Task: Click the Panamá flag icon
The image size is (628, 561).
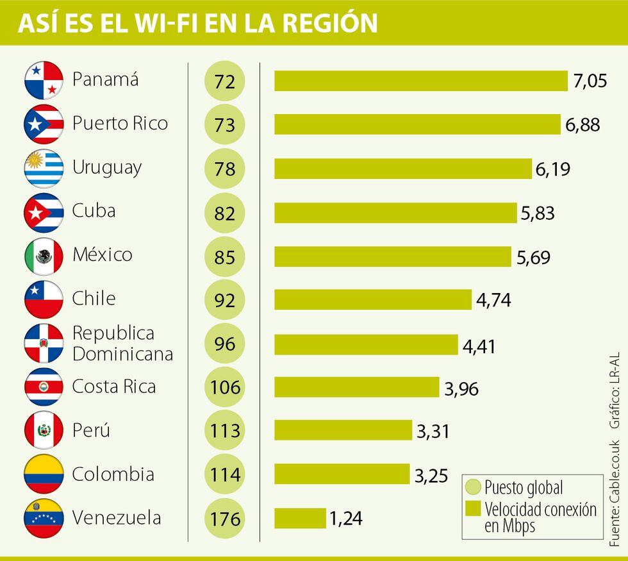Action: [x=44, y=81]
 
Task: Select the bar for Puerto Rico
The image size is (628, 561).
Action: [x=417, y=124]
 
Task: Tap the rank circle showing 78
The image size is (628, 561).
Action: [x=225, y=169]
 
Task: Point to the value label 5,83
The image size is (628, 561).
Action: [x=538, y=213]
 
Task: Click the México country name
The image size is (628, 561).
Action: [x=103, y=255]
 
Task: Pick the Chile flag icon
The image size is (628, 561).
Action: [x=44, y=299]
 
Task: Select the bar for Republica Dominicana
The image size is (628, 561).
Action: [x=366, y=344]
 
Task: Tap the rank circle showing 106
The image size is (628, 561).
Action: [x=225, y=387]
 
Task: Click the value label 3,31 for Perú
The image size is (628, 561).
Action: [x=433, y=431]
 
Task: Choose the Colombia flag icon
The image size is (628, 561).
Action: [x=44, y=474]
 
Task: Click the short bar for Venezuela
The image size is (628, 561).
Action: [x=300, y=518]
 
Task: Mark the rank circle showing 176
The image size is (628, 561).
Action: [x=225, y=518]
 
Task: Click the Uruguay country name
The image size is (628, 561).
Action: [x=107, y=168]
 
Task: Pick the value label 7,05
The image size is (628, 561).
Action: [x=590, y=81]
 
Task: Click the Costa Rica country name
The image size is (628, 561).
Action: [x=114, y=387]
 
